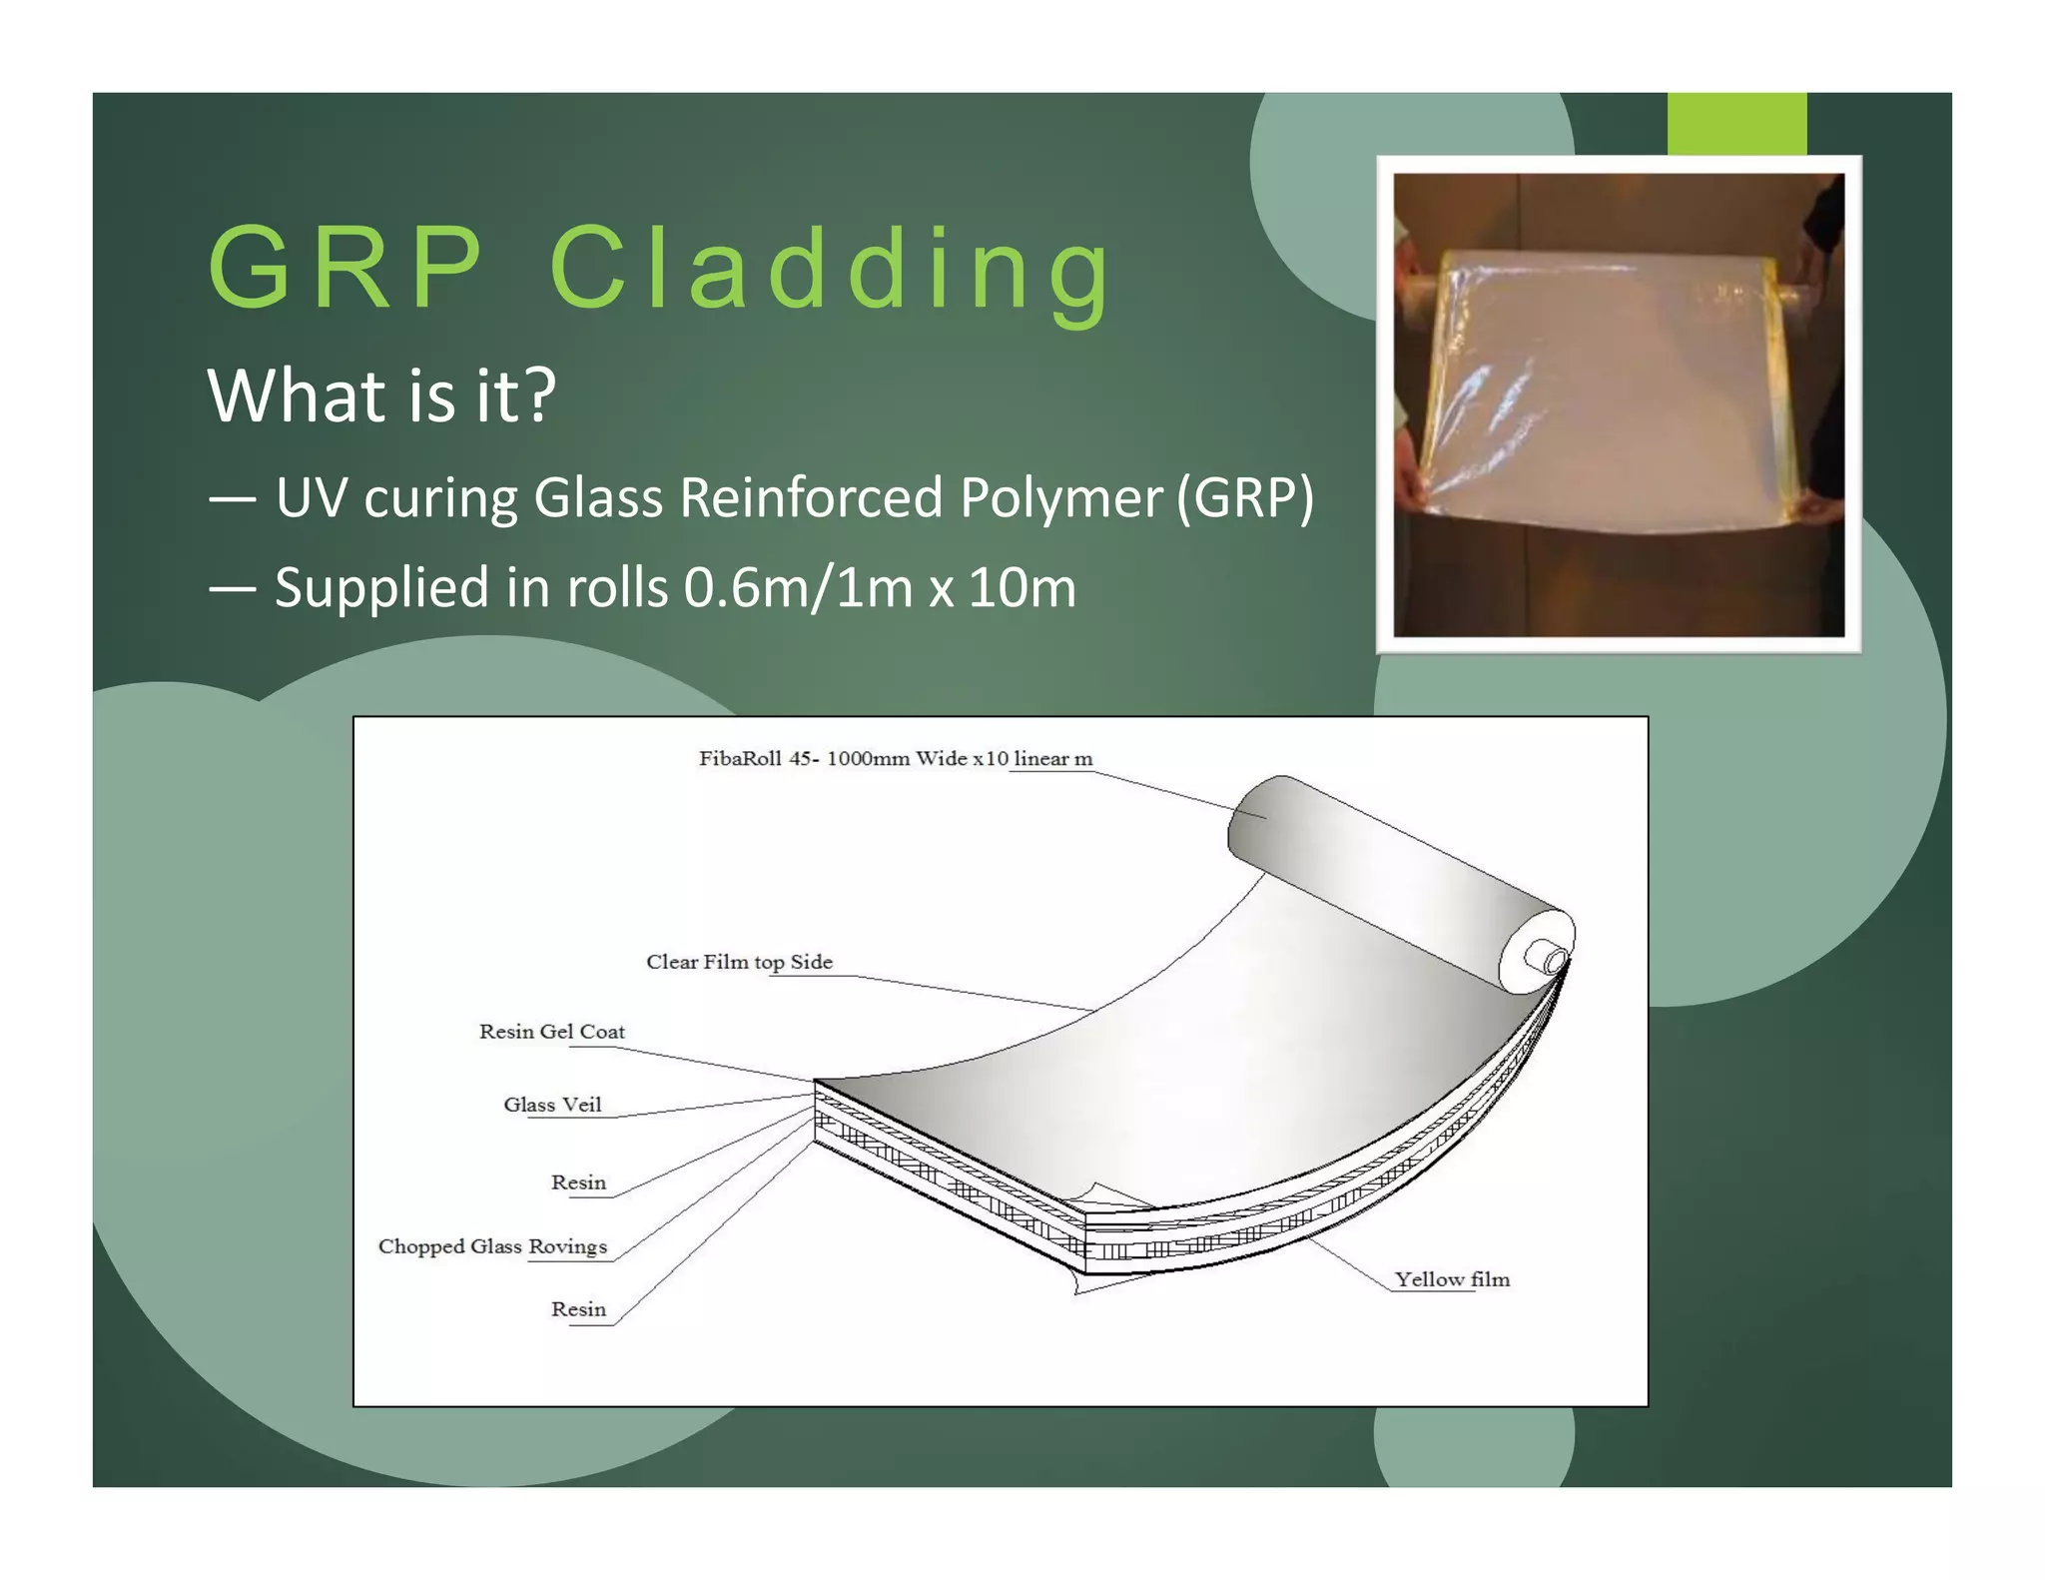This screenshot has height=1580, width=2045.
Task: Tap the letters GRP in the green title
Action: [x=344, y=268]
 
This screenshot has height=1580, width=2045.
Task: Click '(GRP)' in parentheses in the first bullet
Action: [x=1245, y=497]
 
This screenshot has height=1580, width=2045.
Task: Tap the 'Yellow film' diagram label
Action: [x=1452, y=1279]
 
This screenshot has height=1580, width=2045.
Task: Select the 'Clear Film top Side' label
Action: [x=739, y=962]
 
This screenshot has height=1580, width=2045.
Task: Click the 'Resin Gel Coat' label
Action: [x=552, y=1032]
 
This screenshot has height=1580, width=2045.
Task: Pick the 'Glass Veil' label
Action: [x=552, y=1105]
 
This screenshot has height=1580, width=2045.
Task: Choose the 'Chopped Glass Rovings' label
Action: [x=492, y=1246]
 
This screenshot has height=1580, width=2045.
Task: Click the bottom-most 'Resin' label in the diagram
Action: [x=578, y=1309]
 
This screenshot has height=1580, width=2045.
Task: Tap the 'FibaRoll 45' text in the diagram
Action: [x=755, y=759]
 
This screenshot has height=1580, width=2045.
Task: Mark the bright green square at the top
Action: [x=1736, y=124]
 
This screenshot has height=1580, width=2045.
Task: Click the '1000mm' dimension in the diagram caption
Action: [x=868, y=759]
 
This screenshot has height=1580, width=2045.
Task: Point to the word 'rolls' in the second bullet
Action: [x=617, y=587]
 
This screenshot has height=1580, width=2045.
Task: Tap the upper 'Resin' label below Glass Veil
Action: [x=578, y=1183]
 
